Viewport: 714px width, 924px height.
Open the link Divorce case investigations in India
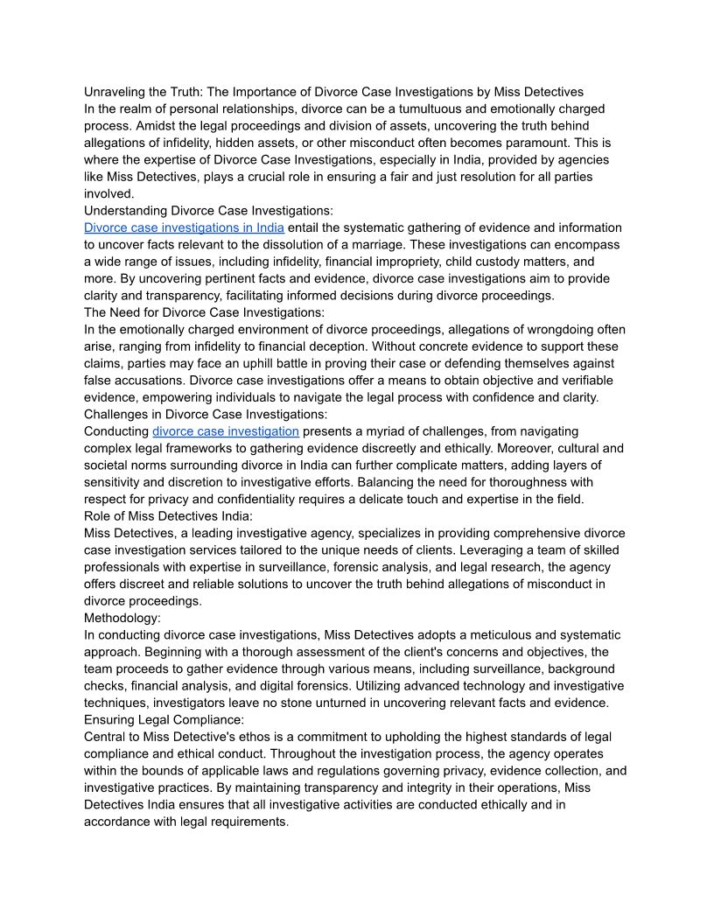pos(184,227)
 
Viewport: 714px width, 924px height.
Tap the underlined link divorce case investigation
pos(226,431)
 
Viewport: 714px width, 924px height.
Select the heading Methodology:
pos(122,618)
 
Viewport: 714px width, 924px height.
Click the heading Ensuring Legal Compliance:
pos(164,720)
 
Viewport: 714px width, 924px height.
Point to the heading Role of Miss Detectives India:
pos(169,516)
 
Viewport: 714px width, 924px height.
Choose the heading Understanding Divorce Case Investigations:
pos(208,211)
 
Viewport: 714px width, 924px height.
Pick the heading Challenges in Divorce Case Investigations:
pos(206,414)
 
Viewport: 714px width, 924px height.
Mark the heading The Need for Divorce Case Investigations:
pos(204,312)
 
